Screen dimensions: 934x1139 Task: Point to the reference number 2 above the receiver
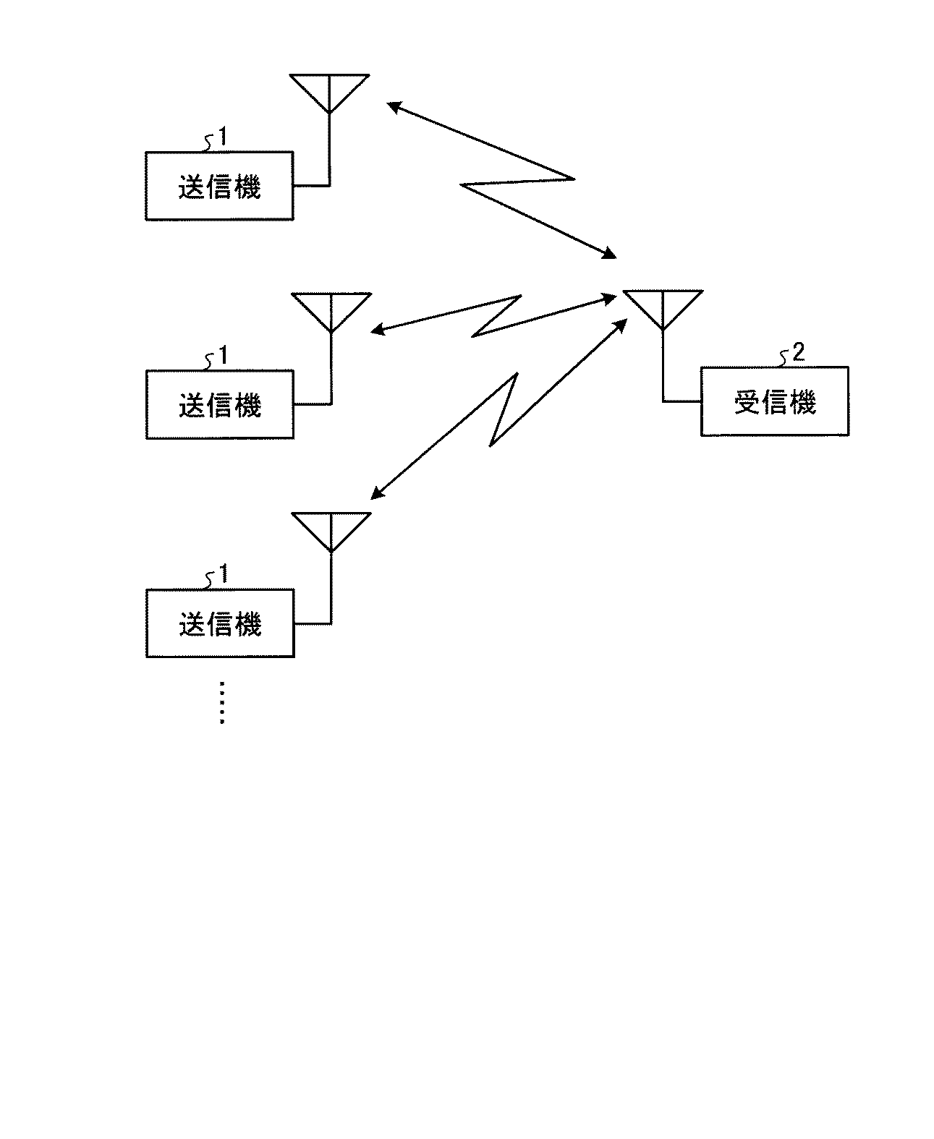coord(799,352)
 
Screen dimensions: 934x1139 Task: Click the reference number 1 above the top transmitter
coord(223,137)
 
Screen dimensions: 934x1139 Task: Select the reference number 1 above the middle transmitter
coord(223,355)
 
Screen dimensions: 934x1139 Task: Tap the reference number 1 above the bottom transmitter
coord(224,573)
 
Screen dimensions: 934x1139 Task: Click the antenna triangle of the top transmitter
coord(329,76)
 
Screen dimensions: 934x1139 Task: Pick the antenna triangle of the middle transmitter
coord(331,294)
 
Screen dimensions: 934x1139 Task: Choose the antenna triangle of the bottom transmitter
coord(331,513)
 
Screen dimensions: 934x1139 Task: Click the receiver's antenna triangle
coord(663,291)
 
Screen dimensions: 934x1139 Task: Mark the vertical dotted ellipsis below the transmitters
coord(222,702)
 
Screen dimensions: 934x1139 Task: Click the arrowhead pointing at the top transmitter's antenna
coord(394,107)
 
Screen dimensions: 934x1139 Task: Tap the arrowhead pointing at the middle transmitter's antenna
coord(378,329)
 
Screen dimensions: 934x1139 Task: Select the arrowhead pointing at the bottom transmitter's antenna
coord(378,492)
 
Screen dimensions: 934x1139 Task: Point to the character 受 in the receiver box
coord(747,402)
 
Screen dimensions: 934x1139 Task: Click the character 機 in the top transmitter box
coord(247,187)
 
